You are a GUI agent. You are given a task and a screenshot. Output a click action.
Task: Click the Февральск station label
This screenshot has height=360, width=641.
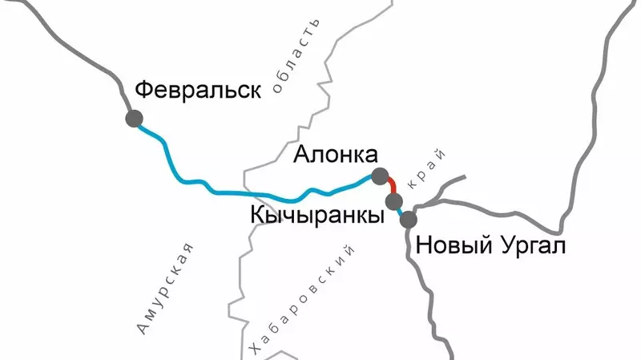pos(198,89)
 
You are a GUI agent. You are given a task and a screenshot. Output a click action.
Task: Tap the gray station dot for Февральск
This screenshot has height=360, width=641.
pos(134,119)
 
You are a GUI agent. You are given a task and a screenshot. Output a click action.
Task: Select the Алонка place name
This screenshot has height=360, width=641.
pos(335,155)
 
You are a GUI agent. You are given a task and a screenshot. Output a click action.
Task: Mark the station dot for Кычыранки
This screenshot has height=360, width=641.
pos(393,200)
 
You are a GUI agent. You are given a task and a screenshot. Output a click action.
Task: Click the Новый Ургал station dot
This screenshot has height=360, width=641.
pos(409,219)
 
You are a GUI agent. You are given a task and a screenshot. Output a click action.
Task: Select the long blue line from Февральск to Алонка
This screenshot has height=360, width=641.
pos(240,193)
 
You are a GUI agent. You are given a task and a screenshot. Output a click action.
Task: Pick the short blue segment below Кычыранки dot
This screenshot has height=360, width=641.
pos(401,211)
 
